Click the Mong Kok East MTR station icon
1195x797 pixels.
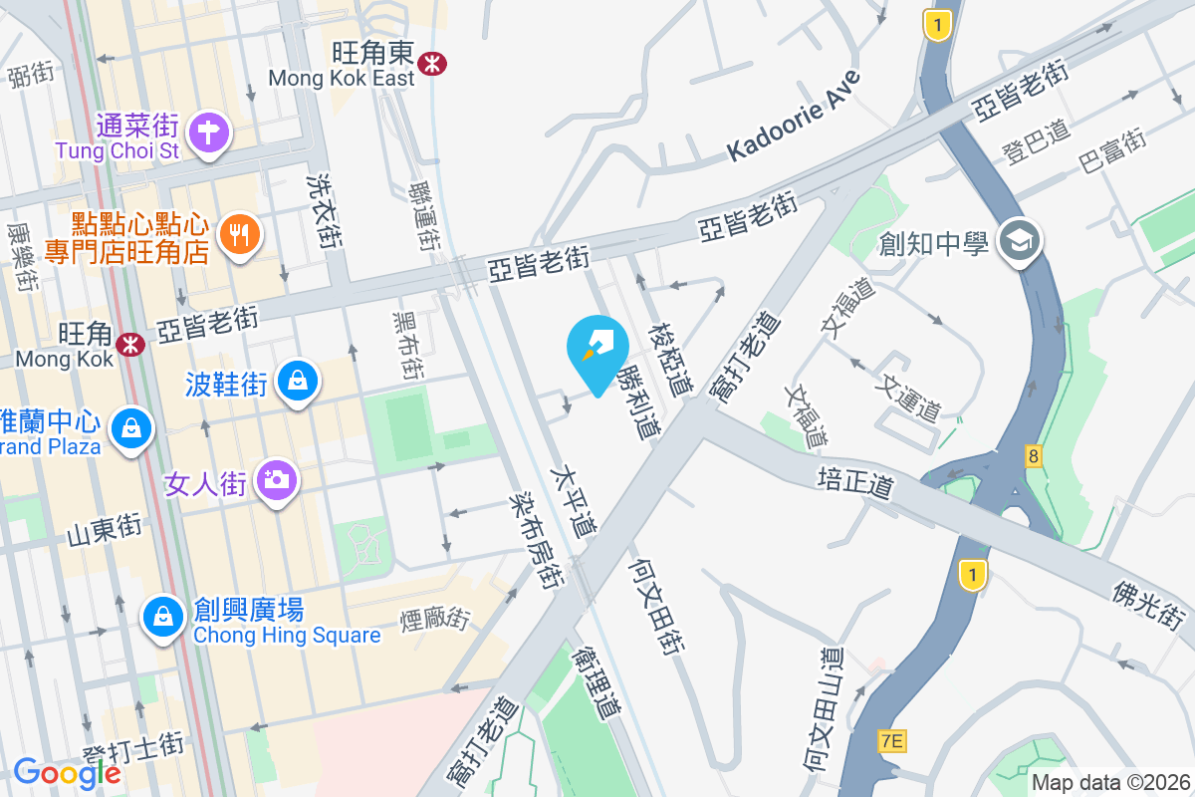[x=432, y=63]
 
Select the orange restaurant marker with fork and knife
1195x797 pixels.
[x=238, y=235]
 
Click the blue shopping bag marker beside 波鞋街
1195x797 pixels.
[x=298, y=381]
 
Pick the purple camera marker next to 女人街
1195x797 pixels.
[x=276, y=481]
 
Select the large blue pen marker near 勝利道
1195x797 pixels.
[x=597, y=348]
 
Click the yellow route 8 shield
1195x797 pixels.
[x=1036, y=456]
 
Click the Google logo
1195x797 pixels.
[x=67, y=772]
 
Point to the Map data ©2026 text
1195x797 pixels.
[x=1110, y=782]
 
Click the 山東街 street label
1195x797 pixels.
[x=103, y=530]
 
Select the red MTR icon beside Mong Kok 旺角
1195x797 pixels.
[x=128, y=345]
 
